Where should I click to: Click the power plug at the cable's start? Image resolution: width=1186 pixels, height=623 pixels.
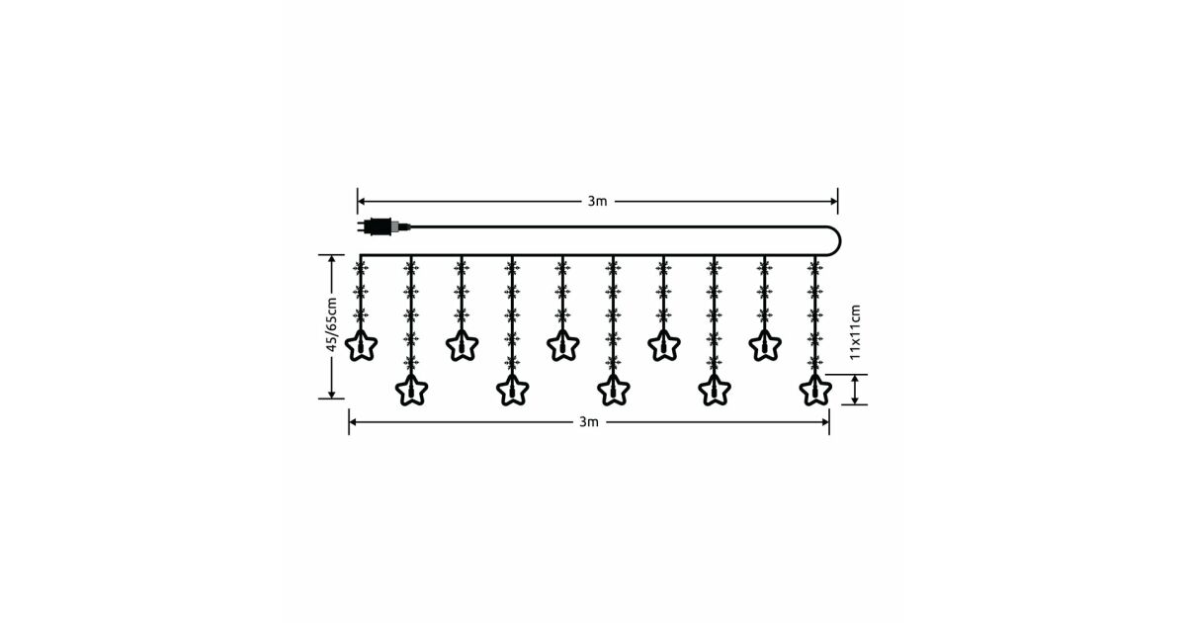click(383, 226)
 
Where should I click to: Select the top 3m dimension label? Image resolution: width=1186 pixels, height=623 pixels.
click(597, 202)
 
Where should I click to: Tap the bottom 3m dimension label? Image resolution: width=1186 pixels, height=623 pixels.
click(589, 422)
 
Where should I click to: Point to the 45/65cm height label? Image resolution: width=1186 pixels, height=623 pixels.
click(331, 324)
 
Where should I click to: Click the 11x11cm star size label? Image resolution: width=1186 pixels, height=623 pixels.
click(855, 331)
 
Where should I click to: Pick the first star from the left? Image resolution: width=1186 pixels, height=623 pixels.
click(361, 345)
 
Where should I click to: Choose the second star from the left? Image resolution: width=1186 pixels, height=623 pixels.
click(411, 390)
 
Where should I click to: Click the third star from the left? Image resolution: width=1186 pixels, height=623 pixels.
click(463, 345)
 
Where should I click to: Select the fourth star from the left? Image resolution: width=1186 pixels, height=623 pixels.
click(513, 390)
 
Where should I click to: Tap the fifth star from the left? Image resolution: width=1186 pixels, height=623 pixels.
click(562, 345)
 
